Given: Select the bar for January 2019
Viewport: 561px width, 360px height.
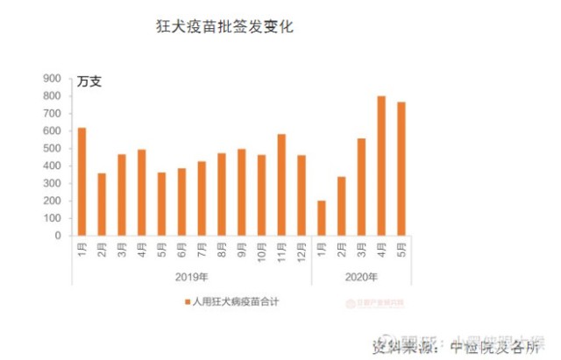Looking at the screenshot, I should (x=82, y=181).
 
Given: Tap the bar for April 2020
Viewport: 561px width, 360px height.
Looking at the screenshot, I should (x=381, y=166).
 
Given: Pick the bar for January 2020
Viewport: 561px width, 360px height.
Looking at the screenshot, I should (x=322, y=218).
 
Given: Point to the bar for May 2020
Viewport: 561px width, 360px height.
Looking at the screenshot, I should (x=401, y=168).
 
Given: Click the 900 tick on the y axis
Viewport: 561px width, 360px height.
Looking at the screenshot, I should (x=52, y=79).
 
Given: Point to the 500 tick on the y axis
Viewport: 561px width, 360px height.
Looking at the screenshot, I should (x=52, y=148).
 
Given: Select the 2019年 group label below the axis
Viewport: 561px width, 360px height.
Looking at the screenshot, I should (x=192, y=278).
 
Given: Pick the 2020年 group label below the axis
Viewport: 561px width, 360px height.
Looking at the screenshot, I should (x=361, y=278).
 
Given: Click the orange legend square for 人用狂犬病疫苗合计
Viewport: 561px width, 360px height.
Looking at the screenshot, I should (x=187, y=302).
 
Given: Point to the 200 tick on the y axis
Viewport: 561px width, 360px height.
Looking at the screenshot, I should (x=52, y=201).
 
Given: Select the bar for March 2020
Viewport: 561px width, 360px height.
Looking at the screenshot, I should (x=361, y=187).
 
